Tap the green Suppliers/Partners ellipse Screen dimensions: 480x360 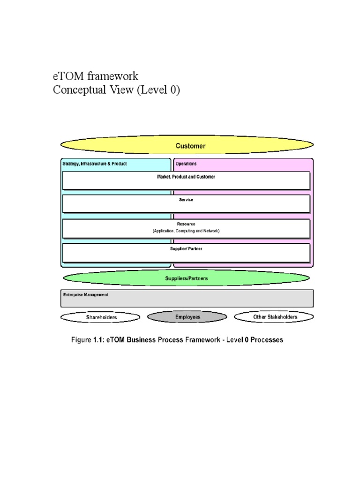point(186,278)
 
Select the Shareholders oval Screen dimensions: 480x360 point(101,317)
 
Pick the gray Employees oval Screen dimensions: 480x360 point(187,317)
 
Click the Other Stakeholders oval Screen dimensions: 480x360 point(275,317)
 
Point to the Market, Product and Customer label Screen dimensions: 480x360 point(186,177)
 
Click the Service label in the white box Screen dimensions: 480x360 point(186,200)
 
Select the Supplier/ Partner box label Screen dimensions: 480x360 point(186,248)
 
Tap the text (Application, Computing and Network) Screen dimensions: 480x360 point(186,231)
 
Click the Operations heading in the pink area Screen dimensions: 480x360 point(186,164)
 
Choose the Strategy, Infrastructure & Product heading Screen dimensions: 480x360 point(95,164)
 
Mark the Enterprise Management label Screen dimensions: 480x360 point(85,295)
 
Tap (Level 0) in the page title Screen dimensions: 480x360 point(158,90)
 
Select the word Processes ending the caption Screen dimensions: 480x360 point(267,340)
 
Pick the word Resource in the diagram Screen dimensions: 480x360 point(186,224)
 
